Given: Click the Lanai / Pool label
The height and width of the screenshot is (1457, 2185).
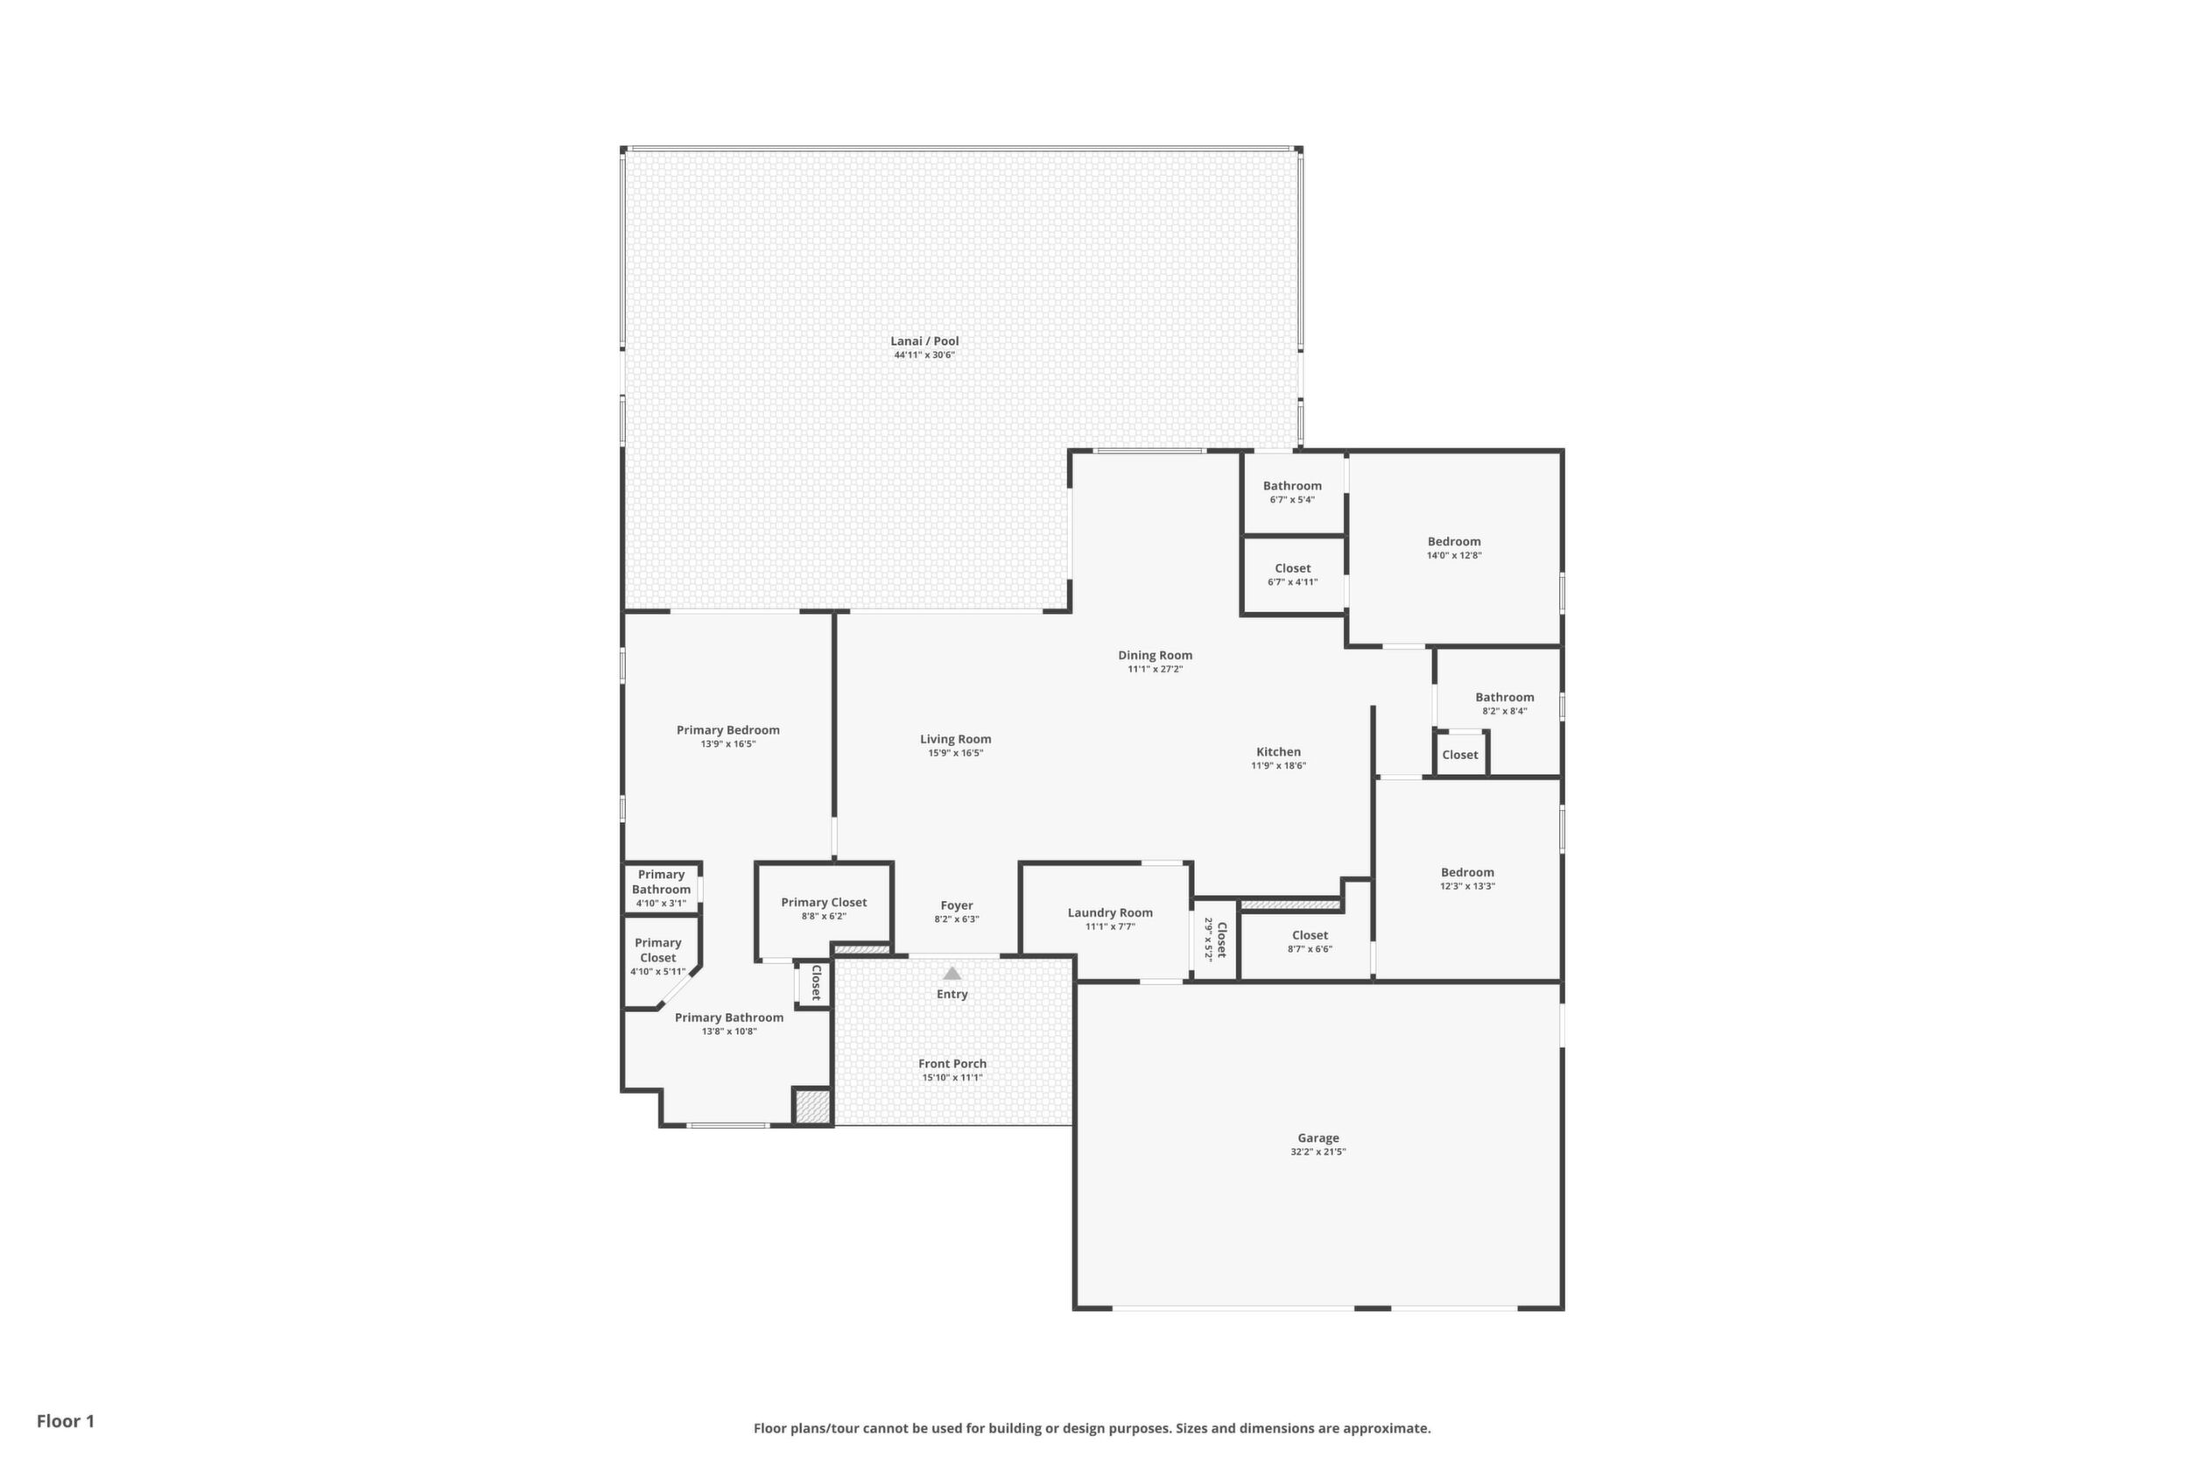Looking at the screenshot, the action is [924, 341].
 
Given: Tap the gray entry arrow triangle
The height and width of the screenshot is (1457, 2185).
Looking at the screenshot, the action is [952, 973].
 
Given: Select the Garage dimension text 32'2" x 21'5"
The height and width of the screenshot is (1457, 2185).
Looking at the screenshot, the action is [1318, 1152].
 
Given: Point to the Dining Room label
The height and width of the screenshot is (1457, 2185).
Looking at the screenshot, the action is [1155, 655].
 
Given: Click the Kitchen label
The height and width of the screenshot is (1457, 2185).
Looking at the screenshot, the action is [1278, 752].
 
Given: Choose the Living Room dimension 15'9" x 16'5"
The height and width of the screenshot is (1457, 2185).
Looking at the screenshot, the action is [955, 754].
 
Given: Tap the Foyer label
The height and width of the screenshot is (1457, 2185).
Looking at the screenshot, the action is [957, 905].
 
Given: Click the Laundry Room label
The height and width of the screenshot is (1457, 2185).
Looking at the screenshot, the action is [1110, 913].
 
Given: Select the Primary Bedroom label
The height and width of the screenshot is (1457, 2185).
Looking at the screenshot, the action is [727, 730].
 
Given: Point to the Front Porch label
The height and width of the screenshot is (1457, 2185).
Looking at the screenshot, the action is [952, 1064].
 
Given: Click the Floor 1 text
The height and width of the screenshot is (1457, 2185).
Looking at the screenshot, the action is [66, 1421].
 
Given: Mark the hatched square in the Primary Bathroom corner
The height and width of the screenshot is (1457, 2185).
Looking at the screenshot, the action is [811, 1107].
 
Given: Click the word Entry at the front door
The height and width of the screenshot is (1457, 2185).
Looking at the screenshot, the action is [952, 995].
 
